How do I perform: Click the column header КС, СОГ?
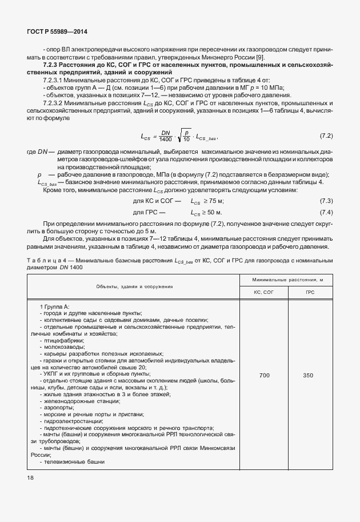264,292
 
